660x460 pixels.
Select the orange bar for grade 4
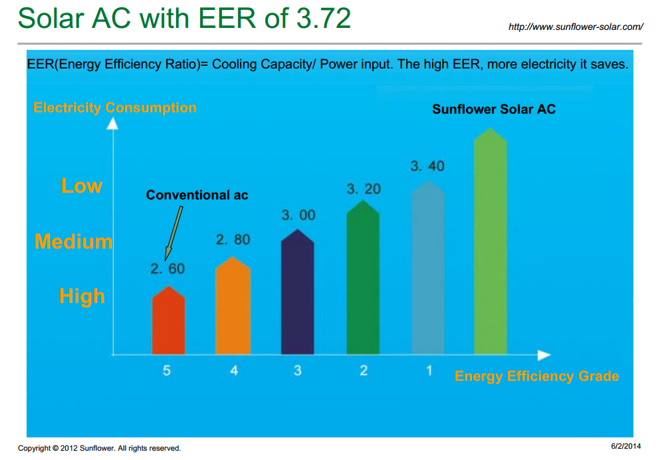pos(233,307)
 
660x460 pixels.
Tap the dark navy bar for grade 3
pos(297,294)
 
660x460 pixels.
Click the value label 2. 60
pos(167,269)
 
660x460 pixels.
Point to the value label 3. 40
pos(427,166)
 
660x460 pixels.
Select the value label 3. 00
pos(298,215)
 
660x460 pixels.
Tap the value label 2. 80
pos(233,239)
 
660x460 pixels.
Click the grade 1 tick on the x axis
pos(429,370)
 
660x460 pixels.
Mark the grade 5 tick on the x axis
pos(167,371)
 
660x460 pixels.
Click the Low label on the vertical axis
pos(82,185)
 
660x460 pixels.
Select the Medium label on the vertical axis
pos(74,241)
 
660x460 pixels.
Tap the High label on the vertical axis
pos(82,296)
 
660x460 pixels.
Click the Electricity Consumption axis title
pos(114,108)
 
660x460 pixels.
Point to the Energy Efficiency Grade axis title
pos(536,376)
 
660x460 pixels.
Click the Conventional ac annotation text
pos(197,195)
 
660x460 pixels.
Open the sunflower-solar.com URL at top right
pos(576,27)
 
